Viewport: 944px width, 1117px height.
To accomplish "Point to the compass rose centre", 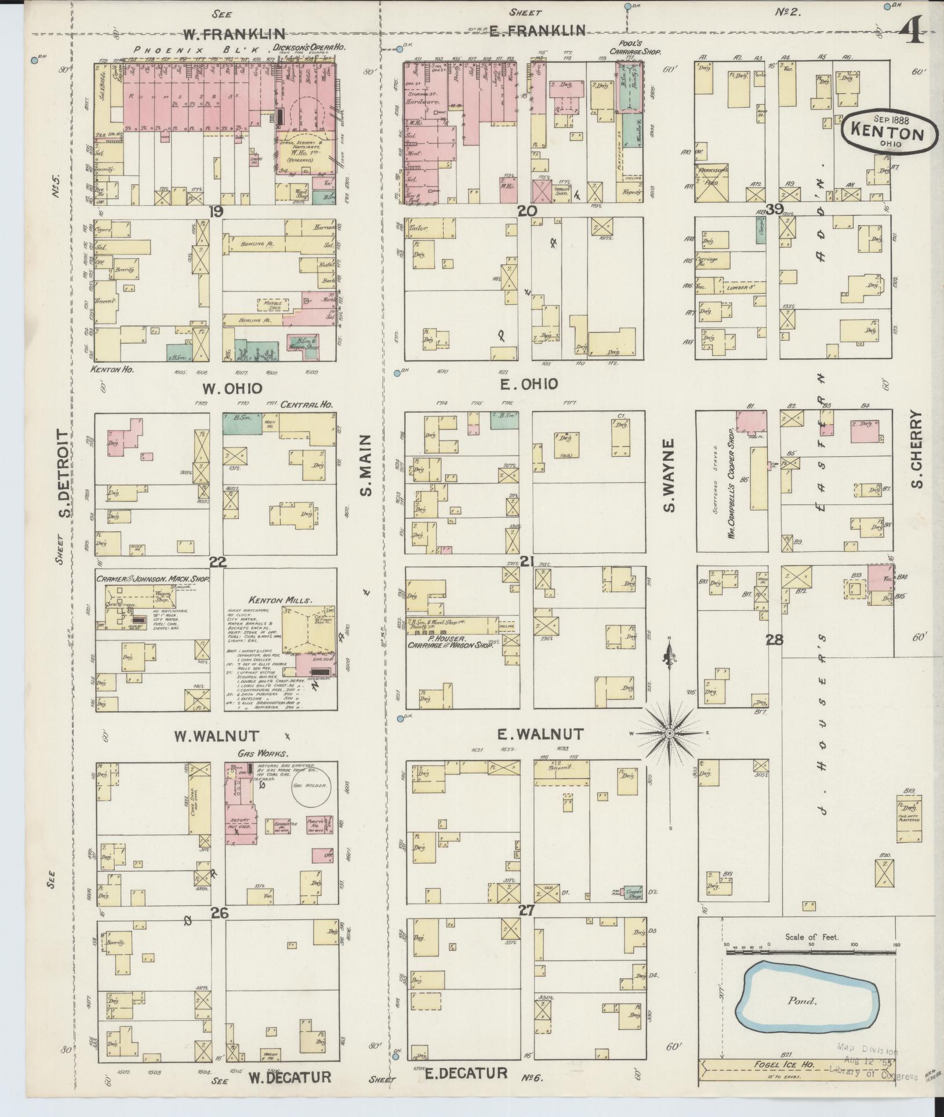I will (669, 733).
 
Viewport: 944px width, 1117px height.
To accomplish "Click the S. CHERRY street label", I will (917, 449).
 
